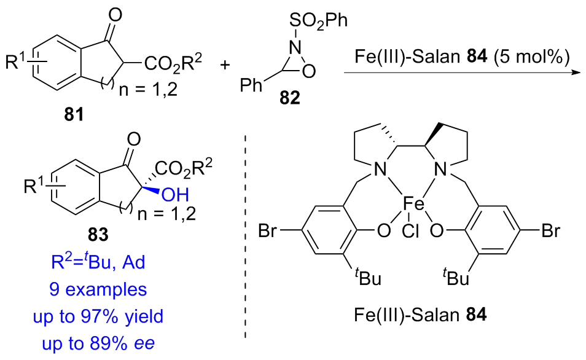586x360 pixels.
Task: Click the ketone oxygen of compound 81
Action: click(x=111, y=10)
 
